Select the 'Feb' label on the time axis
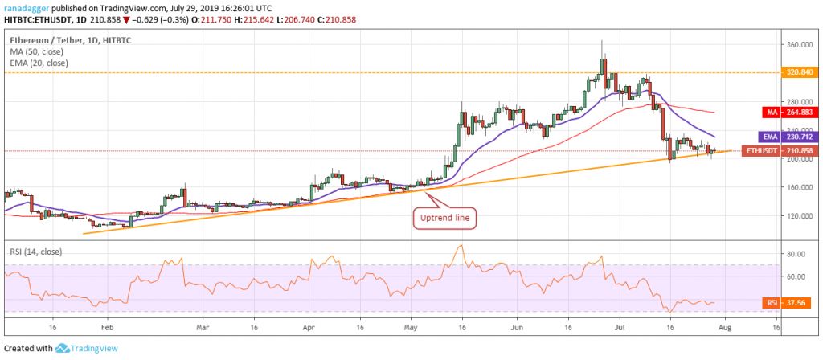(106, 328)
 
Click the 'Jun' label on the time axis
(516, 328)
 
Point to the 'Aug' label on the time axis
(727, 328)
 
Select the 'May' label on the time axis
(411, 328)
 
